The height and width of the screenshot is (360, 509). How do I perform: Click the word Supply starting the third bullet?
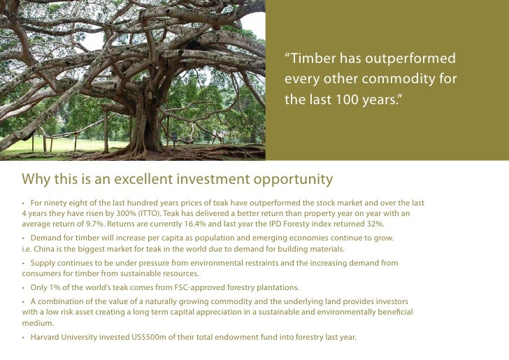(43, 264)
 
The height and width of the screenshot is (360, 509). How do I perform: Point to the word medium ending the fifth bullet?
(35, 322)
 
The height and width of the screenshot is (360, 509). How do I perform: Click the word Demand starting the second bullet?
(47, 238)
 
